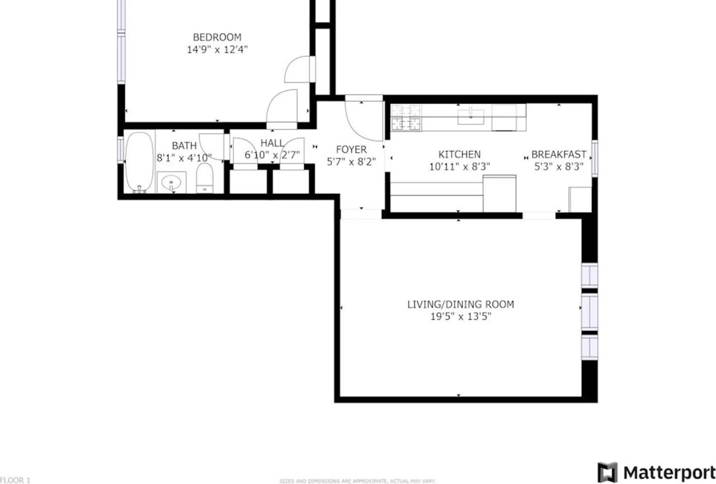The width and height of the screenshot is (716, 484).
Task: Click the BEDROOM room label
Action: pyautogui.click(x=217, y=38)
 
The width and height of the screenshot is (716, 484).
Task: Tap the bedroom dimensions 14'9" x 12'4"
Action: pyautogui.click(x=217, y=49)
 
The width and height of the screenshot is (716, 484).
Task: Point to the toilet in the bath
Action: pyautogui.click(x=205, y=178)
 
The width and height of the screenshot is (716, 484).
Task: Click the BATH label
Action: pyautogui.click(x=184, y=146)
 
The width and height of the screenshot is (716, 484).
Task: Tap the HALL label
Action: pyautogui.click(x=272, y=143)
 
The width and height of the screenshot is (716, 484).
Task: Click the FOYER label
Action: pyautogui.click(x=351, y=150)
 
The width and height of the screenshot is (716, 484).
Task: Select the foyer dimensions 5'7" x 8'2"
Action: pyautogui.click(x=351, y=161)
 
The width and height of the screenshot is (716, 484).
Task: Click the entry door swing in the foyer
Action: pyautogui.click(x=362, y=119)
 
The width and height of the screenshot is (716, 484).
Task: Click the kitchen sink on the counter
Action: pyautogui.click(x=471, y=117)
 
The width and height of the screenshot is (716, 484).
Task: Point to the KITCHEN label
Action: pyautogui.click(x=459, y=155)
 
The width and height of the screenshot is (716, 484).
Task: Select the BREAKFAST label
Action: pyautogui.click(x=558, y=155)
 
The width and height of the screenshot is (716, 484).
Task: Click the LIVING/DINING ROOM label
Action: pyautogui.click(x=460, y=305)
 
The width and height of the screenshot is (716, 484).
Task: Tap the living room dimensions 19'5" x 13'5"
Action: pyautogui.click(x=460, y=317)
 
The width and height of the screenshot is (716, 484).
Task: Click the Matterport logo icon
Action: pyautogui.click(x=607, y=472)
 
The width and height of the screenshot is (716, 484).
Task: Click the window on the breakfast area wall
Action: pyautogui.click(x=595, y=159)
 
